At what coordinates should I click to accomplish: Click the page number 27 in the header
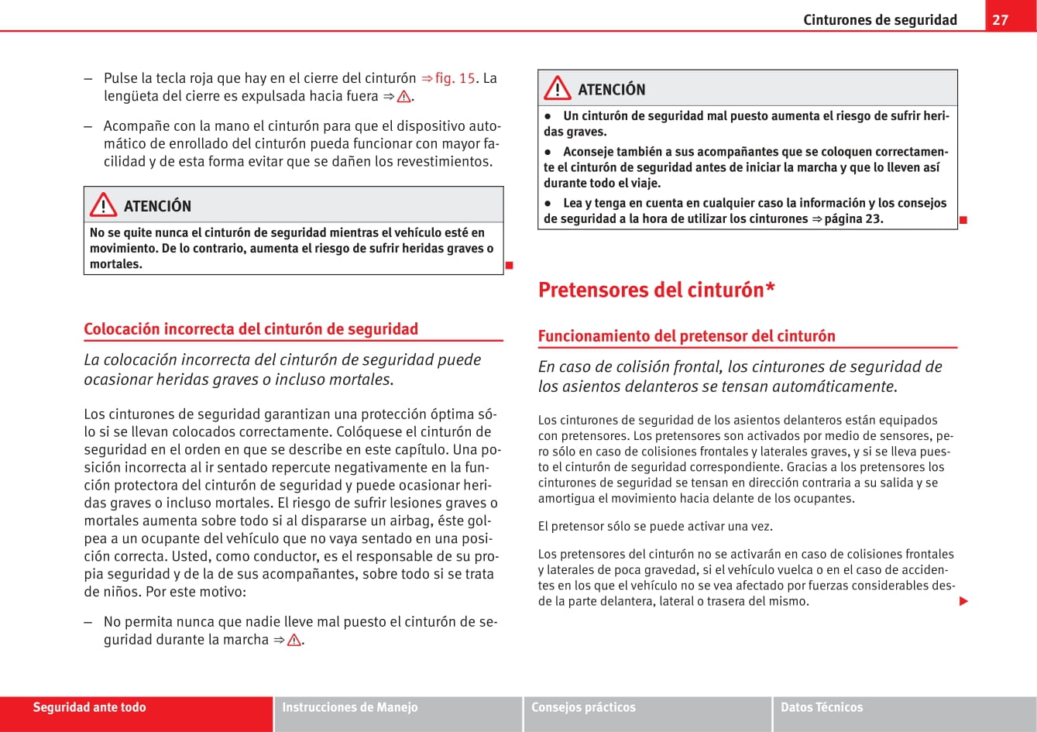(1001, 19)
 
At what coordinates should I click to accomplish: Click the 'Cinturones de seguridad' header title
(880, 20)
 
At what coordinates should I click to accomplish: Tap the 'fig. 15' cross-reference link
(455, 78)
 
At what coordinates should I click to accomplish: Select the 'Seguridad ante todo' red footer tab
(89, 707)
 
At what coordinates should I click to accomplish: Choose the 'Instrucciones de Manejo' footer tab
(350, 707)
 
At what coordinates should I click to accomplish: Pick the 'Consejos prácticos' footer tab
(583, 707)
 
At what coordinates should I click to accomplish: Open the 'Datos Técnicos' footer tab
(822, 707)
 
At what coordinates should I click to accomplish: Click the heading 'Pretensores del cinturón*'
(657, 290)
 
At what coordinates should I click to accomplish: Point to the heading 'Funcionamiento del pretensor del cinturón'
(686, 336)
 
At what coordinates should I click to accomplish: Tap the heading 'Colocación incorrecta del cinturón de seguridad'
(251, 328)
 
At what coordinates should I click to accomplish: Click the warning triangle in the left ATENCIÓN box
(103, 205)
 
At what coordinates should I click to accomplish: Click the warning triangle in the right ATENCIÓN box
(557, 89)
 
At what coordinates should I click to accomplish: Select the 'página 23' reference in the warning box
(853, 218)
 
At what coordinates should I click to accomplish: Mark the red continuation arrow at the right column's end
(963, 601)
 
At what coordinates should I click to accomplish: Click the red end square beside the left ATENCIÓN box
(509, 266)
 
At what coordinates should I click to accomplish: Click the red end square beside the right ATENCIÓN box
(963, 220)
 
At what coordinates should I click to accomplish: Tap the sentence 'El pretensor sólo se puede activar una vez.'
(655, 527)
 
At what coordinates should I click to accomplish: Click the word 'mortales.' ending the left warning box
(116, 264)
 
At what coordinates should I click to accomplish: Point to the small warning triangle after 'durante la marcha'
(294, 641)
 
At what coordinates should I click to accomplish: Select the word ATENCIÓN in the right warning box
(611, 90)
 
